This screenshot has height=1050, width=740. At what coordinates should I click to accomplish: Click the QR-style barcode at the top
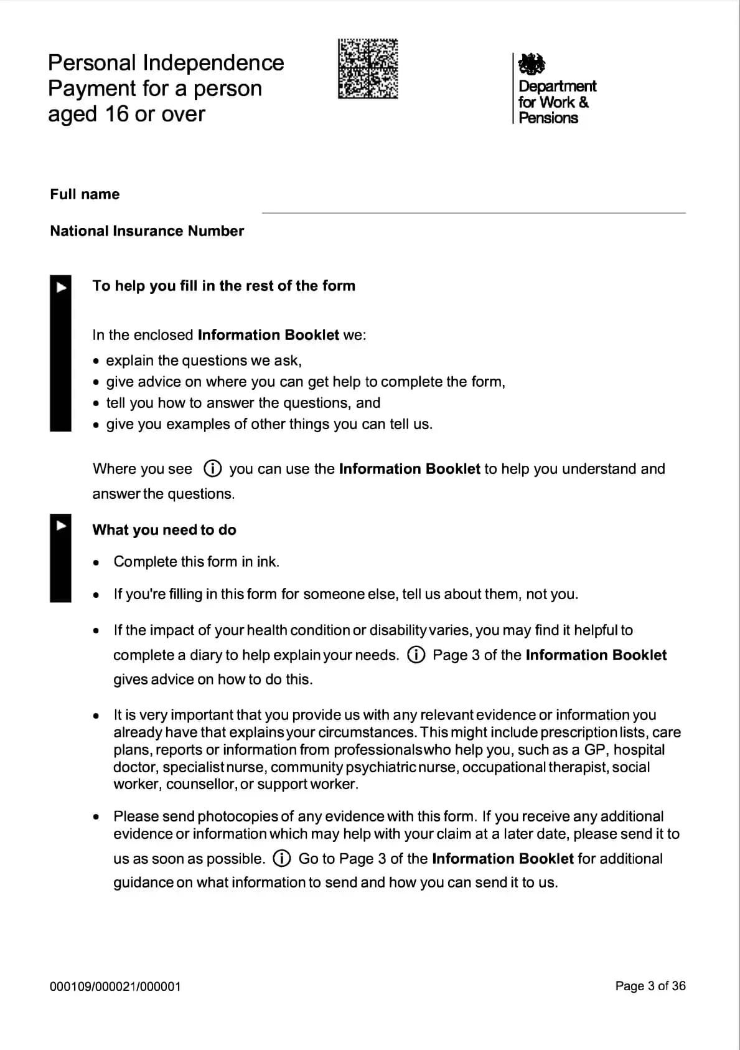[x=368, y=69]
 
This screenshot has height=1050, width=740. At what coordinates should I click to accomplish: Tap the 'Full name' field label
[x=85, y=194]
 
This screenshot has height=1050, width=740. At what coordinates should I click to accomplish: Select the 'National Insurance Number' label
[x=147, y=231]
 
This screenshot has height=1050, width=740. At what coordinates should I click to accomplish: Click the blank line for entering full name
[x=473, y=209]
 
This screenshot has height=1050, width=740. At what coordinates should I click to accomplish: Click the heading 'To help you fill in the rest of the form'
[x=224, y=286]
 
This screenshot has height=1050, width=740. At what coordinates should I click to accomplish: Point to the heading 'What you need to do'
[x=164, y=530]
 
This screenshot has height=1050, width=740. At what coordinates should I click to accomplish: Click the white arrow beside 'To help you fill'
[x=61, y=287]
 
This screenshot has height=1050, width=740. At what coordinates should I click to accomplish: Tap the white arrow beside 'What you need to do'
[x=61, y=526]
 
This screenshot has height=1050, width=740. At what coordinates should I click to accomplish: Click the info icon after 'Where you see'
[x=213, y=468]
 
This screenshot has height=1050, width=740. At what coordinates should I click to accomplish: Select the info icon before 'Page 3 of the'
[x=416, y=655]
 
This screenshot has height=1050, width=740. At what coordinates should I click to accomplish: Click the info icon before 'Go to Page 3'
[x=282, y=859]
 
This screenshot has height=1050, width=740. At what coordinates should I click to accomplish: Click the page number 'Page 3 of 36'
[x=650, y=986]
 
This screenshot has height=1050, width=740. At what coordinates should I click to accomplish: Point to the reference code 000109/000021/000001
[x=115, y=986]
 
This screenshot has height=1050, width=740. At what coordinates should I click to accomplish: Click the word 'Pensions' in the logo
[x=548, y=118]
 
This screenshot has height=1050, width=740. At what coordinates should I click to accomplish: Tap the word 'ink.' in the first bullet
[x=268, y=562]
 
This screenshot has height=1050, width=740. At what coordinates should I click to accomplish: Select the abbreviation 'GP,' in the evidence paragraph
[x=595, y=750]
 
